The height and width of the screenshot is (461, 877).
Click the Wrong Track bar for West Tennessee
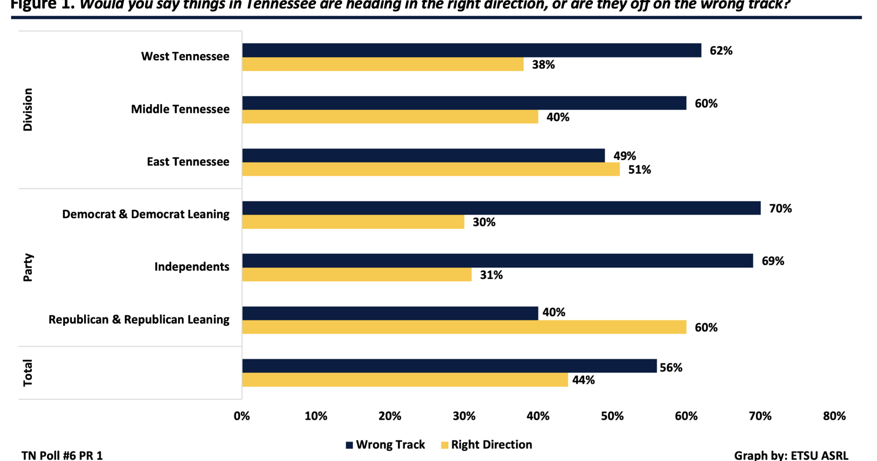471,50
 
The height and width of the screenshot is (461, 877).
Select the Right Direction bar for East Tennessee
431,169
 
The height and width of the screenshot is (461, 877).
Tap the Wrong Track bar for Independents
497,261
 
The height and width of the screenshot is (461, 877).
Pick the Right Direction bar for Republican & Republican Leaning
464,327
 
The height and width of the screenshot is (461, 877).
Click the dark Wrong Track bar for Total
449,366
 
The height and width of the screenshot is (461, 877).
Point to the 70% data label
780,209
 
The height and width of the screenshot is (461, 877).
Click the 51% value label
639,170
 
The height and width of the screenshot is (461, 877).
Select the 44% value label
583,380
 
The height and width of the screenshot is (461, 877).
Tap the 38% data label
543,65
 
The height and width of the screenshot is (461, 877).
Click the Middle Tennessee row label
180,109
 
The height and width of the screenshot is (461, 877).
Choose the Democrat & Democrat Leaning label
146,214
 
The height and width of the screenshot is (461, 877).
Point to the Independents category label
192,267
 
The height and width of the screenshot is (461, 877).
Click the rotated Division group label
28,110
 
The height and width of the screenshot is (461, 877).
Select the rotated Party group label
28,267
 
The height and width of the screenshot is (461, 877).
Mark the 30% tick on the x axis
464,416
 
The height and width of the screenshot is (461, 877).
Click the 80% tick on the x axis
834,416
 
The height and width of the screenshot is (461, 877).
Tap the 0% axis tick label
242,416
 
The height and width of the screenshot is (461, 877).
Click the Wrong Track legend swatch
349,445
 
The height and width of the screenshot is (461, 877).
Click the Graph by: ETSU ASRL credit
791,455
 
